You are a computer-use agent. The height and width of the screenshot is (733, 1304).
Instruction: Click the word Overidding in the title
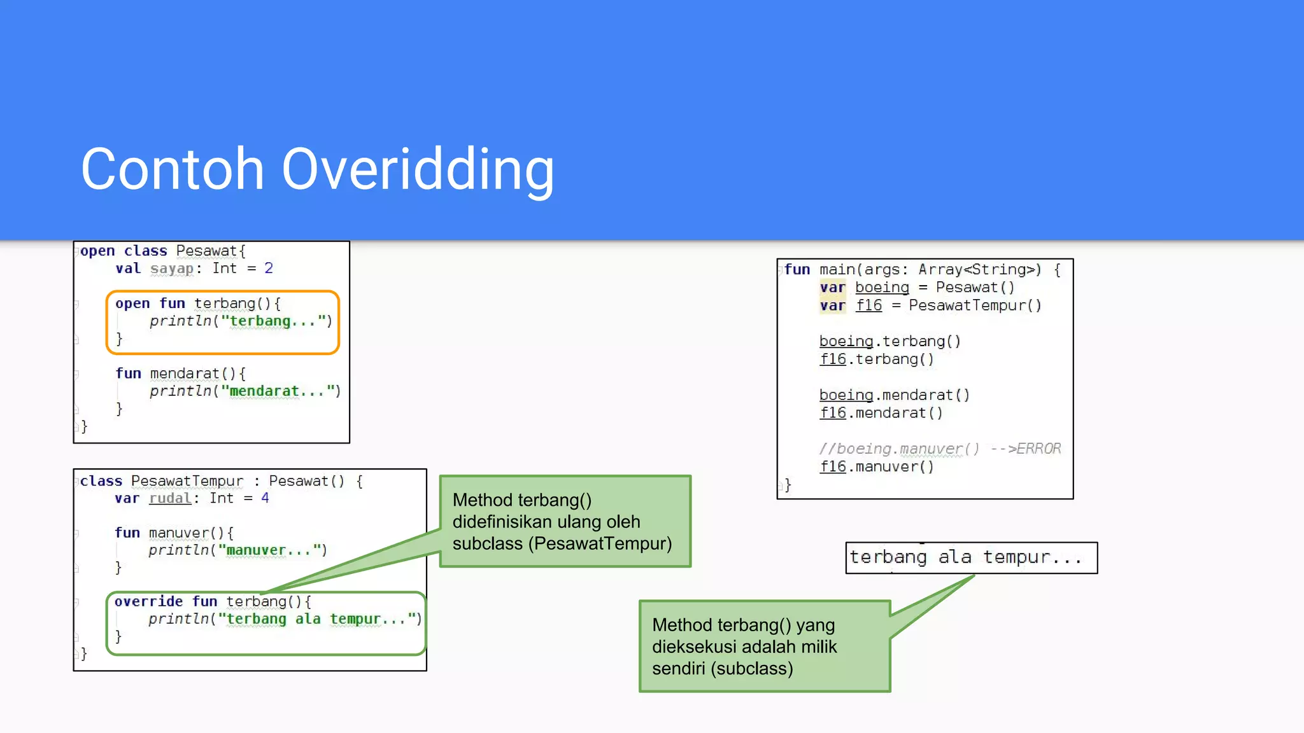pos(418,169)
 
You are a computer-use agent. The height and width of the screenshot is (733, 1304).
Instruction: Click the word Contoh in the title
pos(172,169)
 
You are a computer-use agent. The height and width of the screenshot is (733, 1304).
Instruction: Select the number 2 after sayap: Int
pos(269,269)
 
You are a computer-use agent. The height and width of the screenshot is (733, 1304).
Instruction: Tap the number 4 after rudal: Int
pos(265,498)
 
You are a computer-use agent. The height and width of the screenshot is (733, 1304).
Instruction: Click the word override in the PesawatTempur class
pos(148,601)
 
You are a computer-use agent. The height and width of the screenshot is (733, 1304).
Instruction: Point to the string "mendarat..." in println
pos(276,391)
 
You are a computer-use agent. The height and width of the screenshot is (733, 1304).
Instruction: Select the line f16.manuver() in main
pos(876,466)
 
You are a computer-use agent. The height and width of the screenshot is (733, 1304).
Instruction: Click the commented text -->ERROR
pos(1026,449)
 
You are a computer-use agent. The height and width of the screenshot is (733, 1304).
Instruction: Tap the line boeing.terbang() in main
pos(889,341)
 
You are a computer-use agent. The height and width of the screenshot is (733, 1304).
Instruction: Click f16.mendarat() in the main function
pos(881,413)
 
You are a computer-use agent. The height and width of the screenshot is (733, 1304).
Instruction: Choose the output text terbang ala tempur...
pos(965,557)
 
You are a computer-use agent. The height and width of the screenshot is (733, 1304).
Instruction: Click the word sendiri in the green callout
pos(679,669)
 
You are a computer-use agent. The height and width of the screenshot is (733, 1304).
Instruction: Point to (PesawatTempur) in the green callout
pos(600,543)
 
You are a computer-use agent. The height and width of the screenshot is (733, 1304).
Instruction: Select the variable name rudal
pos(170,498)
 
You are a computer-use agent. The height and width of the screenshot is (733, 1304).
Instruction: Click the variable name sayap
pos(171,269)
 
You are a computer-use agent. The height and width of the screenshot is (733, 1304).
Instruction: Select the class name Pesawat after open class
pos(206,251)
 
